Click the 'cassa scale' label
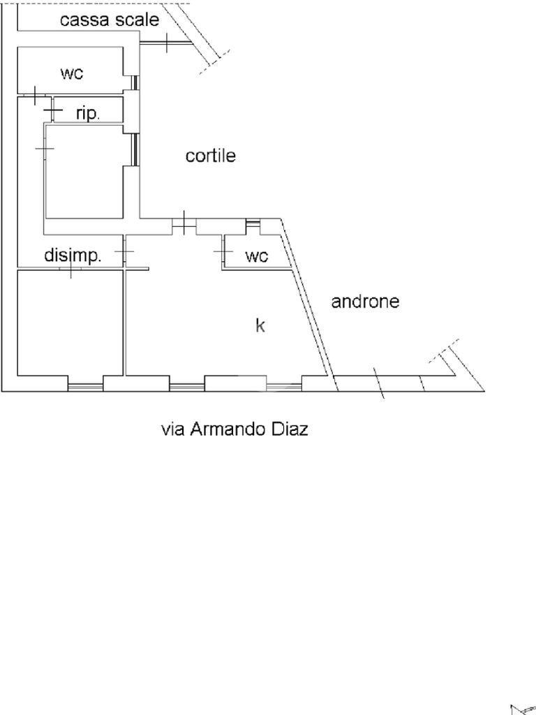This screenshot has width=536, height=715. coord(109,20)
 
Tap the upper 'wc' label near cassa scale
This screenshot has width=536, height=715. coord(72,73)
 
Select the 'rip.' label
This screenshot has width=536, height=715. coord(88,114)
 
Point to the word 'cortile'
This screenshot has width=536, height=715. coord(210,156)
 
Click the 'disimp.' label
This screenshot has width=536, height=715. coord(73,256)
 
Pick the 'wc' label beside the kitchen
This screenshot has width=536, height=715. coord(256,256)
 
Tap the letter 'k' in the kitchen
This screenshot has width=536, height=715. coord(260,325)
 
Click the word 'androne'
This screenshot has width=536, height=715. coord(365,302)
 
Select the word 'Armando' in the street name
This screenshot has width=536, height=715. coord(229,429)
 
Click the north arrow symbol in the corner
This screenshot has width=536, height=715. coord(522,709)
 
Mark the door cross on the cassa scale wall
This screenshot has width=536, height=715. coord(167,43)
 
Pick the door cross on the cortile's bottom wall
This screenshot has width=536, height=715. coord(183,223)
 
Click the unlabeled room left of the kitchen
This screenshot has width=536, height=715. coord(70,323)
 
